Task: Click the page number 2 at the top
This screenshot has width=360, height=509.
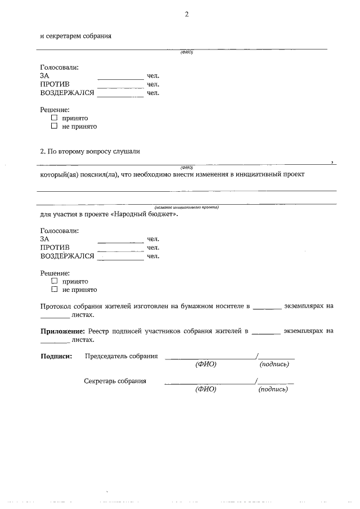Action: point(186,15)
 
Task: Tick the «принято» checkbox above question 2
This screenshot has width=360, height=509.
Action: point(55,118)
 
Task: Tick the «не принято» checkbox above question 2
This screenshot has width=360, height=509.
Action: point(55,127)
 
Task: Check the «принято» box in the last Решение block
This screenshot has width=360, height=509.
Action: point(55,281)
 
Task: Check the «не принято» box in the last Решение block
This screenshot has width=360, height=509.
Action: point(55,290)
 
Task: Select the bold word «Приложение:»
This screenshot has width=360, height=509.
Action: point(62,331)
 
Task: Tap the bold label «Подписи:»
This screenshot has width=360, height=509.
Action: point(56,356)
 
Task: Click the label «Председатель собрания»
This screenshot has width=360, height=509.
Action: point(121,356)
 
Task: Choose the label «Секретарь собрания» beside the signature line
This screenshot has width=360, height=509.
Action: point(115,381)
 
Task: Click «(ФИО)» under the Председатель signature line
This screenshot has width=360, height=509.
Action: point(206,364)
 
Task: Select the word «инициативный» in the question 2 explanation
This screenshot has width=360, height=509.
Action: point(255,174)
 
